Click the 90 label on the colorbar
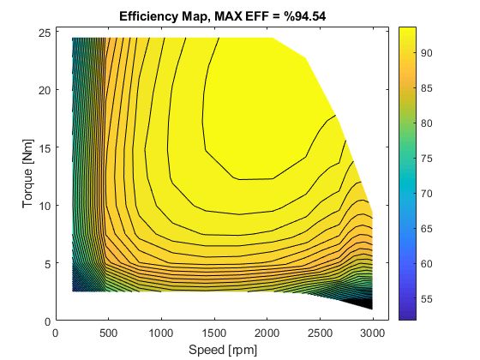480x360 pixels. [x=431, y=53]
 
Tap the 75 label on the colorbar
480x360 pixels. [x=431, y=159]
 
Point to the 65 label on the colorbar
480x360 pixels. [x=431, y=230]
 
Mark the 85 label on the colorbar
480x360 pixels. [x=431, y=88]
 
